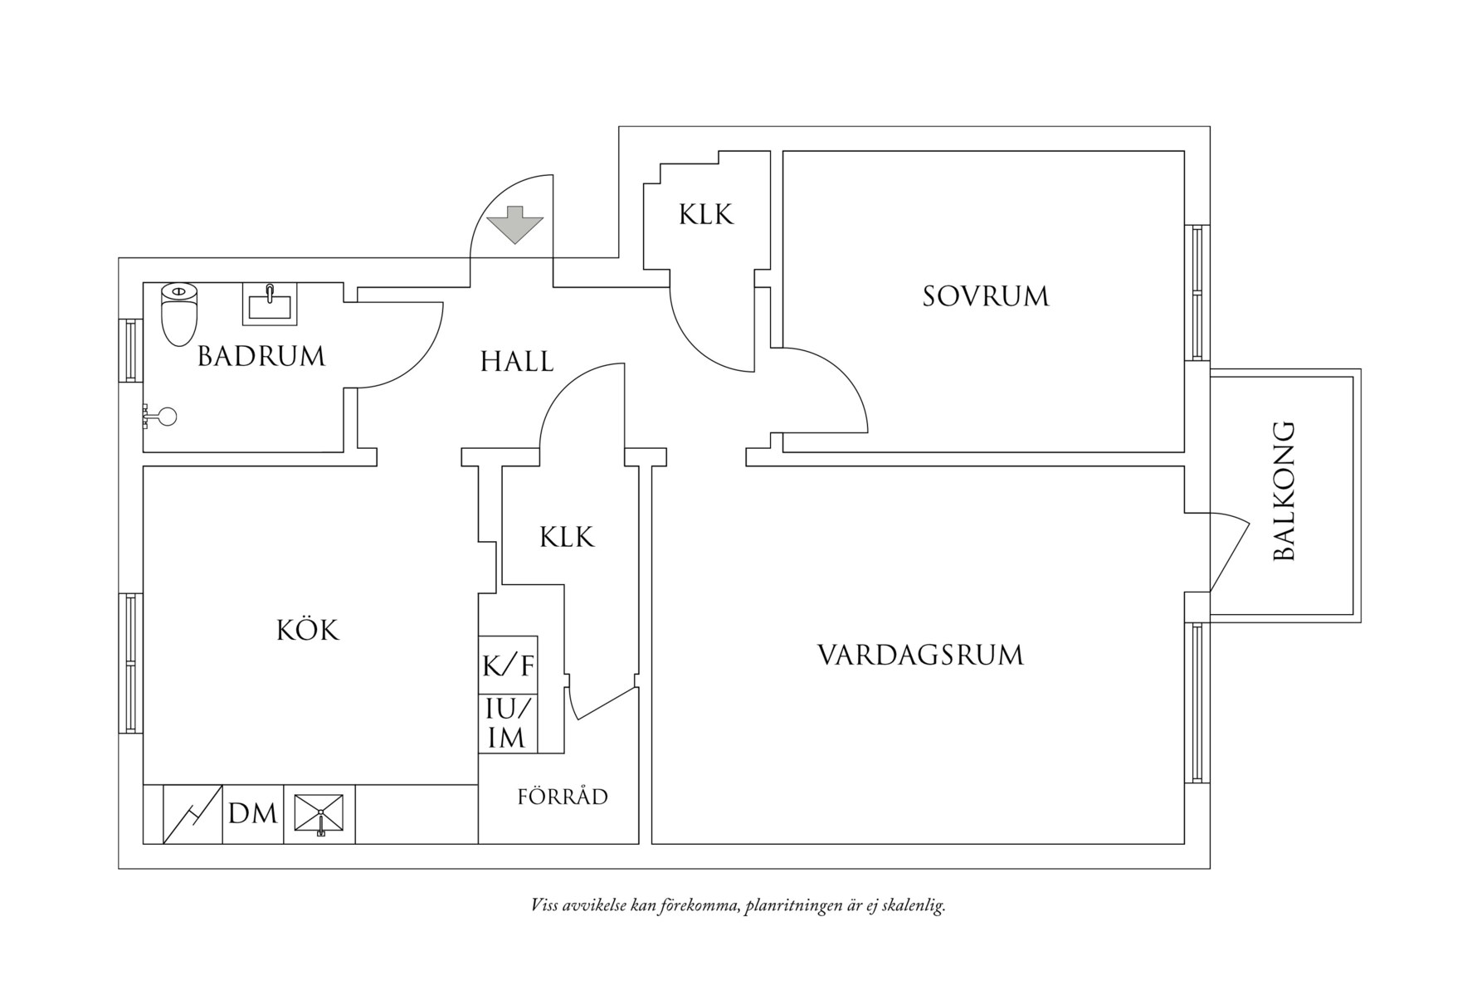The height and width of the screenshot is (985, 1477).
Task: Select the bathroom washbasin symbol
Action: point(270,305)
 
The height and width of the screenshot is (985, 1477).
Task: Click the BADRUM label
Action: point(261,357)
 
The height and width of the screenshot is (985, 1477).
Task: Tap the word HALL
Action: point(517,362)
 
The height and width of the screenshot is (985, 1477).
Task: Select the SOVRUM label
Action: point(985,296)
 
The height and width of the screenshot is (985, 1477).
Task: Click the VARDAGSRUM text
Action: point(920,656)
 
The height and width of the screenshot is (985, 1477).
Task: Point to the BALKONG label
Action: point(1284,491)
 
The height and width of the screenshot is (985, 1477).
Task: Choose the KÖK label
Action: point(308,631)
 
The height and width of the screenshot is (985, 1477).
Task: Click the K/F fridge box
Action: point(509,665)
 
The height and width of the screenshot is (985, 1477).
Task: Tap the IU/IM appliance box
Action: point(508,724)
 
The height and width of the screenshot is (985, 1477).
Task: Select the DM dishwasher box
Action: point(253,814)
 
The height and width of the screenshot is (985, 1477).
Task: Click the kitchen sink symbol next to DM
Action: point(319,814)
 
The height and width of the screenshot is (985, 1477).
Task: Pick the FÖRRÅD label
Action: point(563,797)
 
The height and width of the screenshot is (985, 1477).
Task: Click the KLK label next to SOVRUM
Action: point(706,215)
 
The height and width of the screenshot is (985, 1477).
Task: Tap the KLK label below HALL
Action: point(567,538)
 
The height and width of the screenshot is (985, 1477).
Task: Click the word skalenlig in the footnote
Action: point(914,905)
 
